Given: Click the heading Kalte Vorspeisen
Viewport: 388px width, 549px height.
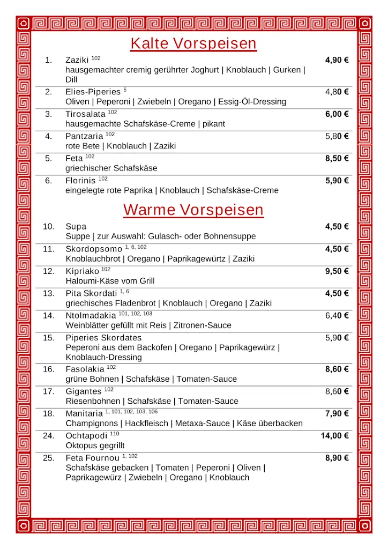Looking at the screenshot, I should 193,43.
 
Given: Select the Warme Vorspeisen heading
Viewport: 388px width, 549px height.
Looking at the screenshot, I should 193,210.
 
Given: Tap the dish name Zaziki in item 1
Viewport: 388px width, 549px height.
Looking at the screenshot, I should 77,60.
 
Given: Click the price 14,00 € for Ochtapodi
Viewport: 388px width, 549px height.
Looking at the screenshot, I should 334,436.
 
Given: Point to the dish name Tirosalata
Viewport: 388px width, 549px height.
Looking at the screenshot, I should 85,114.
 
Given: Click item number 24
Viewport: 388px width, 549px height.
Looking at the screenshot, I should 49,436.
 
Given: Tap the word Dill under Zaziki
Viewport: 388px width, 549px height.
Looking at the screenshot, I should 72,79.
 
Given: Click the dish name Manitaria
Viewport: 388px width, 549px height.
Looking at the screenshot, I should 84,414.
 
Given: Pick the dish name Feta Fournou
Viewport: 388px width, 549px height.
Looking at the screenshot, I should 92,458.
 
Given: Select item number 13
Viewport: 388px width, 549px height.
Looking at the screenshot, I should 49,294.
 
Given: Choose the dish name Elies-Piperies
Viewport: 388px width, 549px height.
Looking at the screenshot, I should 93,92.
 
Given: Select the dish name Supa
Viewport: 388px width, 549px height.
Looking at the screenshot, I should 76,227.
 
